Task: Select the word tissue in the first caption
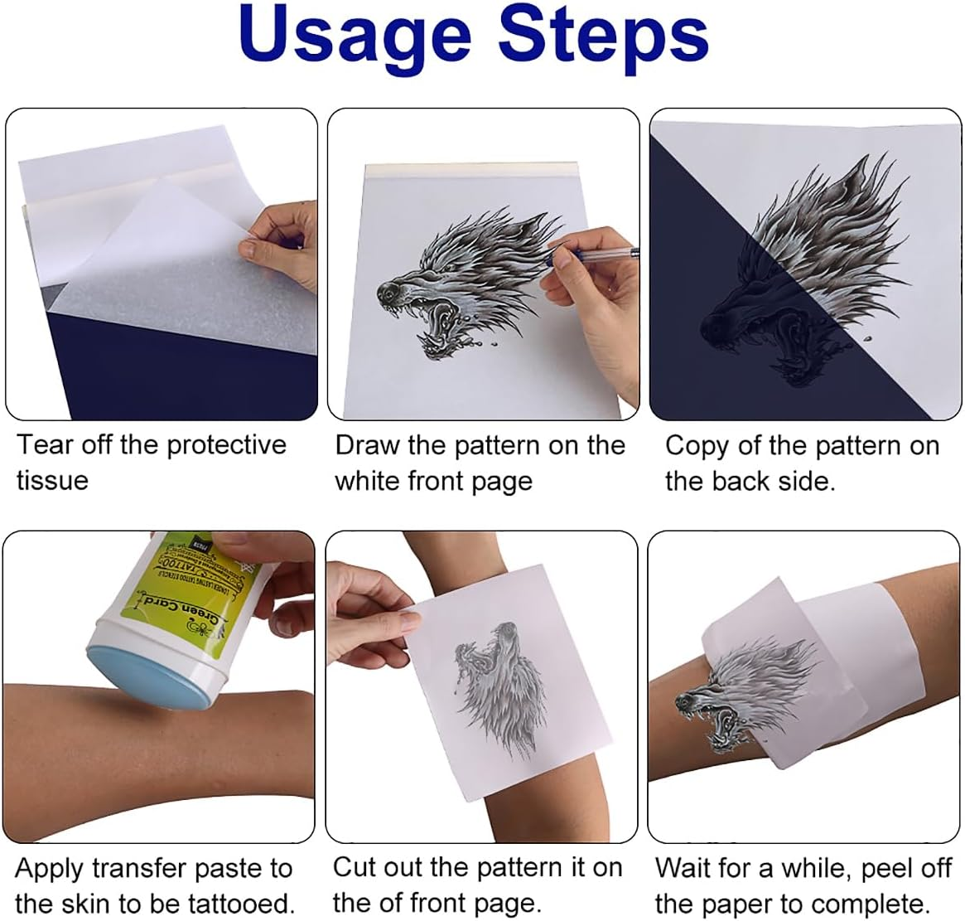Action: coord(51,481)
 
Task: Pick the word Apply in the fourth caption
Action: coord(51,869)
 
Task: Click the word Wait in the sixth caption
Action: coord(684,869)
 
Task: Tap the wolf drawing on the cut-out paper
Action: coord(497,680)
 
